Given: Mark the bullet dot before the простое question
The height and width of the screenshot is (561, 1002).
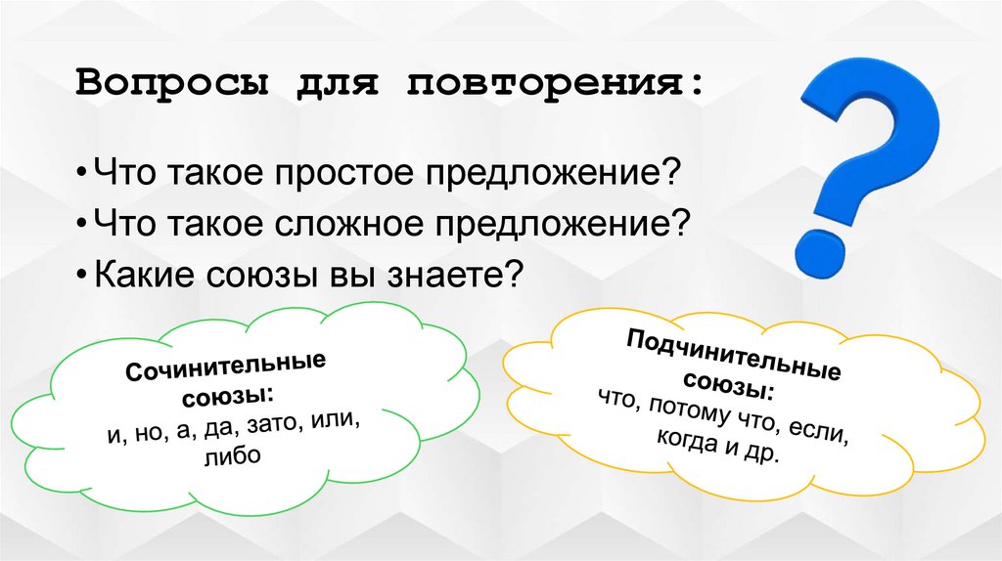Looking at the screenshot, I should click(x=85, y=176).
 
